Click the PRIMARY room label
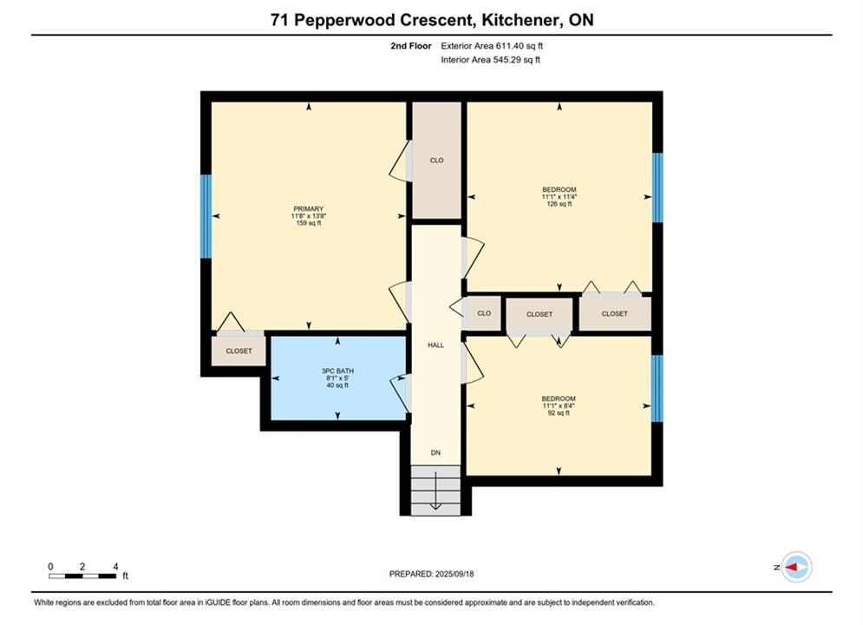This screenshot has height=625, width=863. (308, 208)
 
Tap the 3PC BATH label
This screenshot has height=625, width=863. (337, 371)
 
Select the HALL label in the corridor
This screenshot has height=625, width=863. (436, 345)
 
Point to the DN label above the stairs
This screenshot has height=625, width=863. (435, 452)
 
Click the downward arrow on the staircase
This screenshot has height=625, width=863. (435, 490)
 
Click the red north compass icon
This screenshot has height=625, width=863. (796, 567)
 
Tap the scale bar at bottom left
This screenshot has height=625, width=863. (82, 576)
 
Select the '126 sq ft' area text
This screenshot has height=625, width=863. (559, 204)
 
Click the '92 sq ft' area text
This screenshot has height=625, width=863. (559, 413)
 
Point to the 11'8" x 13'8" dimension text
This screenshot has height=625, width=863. (308, 216)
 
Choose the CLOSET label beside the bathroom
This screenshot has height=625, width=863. (239, 351)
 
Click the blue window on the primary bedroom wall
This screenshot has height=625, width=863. (206, 216)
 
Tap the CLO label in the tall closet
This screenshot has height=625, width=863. (436, 161)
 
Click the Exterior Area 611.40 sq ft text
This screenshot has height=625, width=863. (492, 46)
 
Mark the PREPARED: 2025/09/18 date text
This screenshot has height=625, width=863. (432, 574)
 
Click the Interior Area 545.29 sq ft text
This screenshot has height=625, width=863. (490, 60)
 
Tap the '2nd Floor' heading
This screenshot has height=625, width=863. (411, 46)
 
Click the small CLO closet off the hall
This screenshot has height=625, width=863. (484, 313)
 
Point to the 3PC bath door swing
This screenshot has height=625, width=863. (400, 392)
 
